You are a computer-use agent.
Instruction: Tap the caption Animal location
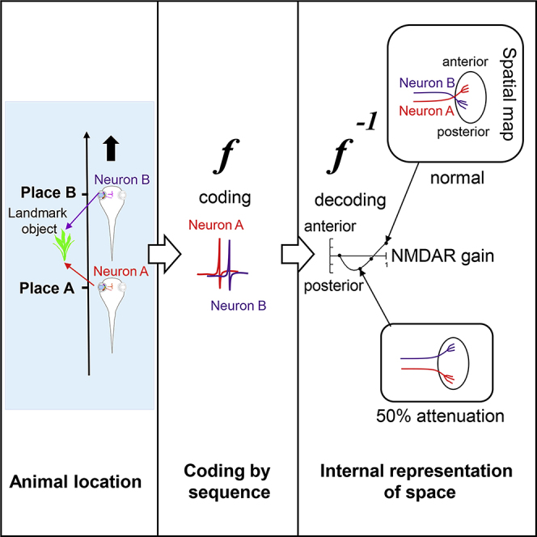75,482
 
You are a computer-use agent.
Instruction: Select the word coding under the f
226,198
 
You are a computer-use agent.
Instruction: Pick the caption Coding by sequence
226,481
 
